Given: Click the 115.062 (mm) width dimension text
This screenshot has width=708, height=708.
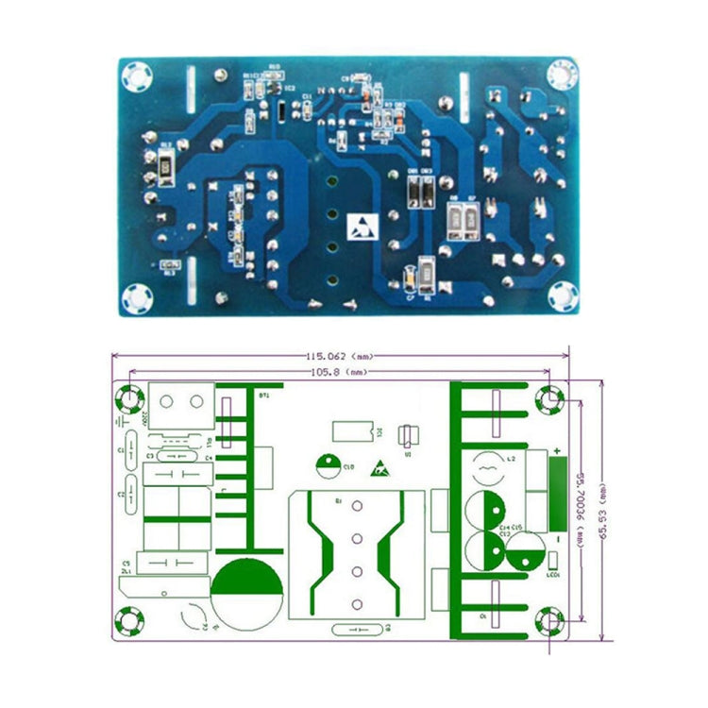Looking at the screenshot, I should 339,357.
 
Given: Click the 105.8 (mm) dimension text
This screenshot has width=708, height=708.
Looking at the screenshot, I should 339,373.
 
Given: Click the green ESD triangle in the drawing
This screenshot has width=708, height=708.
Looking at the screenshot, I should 381,466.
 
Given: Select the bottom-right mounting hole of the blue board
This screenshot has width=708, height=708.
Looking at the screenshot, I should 563,295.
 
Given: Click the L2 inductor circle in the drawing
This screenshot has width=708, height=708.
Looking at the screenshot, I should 489,468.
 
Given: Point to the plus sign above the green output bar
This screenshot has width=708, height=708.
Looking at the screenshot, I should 557,450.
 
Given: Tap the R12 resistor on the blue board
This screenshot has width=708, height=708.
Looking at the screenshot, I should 166,168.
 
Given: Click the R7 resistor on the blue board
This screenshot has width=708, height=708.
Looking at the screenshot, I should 470,218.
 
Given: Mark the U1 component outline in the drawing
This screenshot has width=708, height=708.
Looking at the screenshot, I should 407,435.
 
